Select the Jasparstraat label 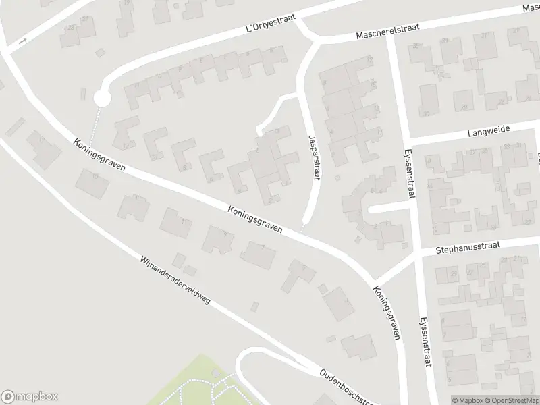coord(312,155)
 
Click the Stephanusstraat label coord(467,246)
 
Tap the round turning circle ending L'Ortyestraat coord(101,99)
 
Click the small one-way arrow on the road coord(23,41)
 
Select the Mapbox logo coord(30,396)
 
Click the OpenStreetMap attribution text coord(513,400)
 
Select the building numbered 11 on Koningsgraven coord(179,223)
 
